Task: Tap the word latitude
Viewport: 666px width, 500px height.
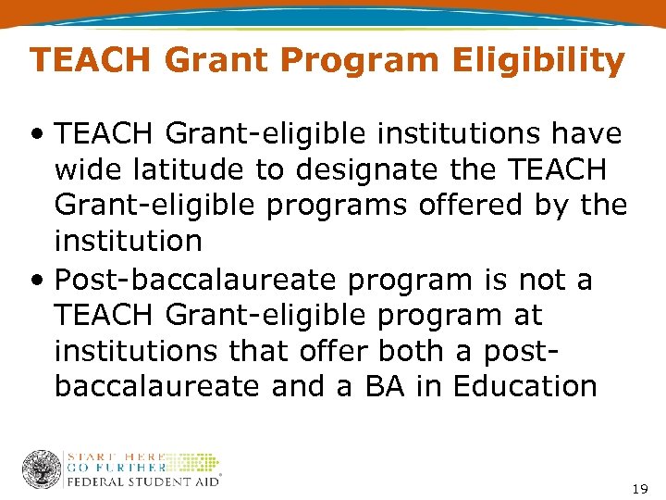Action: pyautogui.click(x=193, y=170)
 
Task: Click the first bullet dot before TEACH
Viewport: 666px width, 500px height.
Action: pyautogui.click(x=39, y=136)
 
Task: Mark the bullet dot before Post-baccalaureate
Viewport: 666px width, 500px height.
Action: pyautogui.click(x=39, y=281)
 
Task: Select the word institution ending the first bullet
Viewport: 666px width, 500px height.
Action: pyautogui.click(x=128, y=241)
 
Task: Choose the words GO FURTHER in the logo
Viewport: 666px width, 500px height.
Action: pyautogui.click(x=115, y=469)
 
